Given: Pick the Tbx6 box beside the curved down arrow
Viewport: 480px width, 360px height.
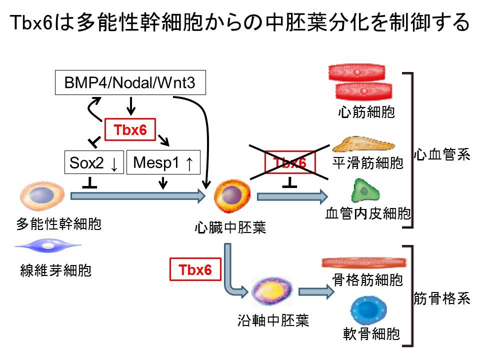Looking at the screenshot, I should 195,269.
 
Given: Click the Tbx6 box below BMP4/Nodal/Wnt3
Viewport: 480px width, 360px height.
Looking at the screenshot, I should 129,129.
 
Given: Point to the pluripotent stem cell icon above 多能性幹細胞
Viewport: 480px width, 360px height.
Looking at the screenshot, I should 43,196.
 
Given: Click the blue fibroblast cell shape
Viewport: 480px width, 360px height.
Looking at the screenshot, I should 48,246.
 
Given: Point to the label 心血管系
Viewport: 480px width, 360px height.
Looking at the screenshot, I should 442,155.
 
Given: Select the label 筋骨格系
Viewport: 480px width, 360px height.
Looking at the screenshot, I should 442,299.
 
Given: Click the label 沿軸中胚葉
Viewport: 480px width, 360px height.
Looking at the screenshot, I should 273,320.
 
